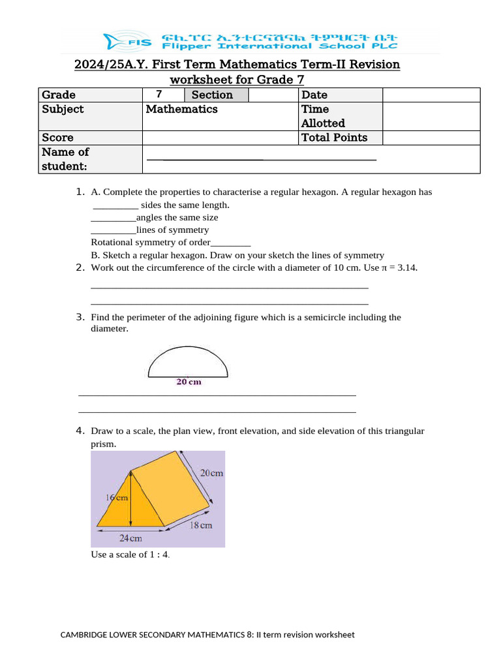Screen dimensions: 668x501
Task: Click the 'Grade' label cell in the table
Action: click(59, 95)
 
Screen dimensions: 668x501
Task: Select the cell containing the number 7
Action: click(159, 95)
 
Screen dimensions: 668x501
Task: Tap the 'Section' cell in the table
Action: click(211, 95)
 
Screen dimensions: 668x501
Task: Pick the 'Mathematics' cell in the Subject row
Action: click(182, 110)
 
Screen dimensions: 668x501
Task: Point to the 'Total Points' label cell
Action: click(334, 138)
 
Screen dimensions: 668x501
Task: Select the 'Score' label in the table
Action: click(58, 138)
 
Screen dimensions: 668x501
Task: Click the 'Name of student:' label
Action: click(65, 159)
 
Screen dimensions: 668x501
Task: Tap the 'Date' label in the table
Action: click(314, 95)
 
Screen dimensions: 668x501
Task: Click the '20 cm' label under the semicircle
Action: click(189, 382)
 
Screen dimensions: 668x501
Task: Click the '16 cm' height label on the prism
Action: click(117, 497)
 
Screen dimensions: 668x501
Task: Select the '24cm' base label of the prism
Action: click(130, 538)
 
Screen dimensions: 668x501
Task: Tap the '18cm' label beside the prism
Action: click(201, 524)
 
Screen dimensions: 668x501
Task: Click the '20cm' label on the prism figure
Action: click(211, 473)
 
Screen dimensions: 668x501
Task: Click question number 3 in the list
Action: click(80, 317)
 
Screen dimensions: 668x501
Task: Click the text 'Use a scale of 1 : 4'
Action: click(130, 554)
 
